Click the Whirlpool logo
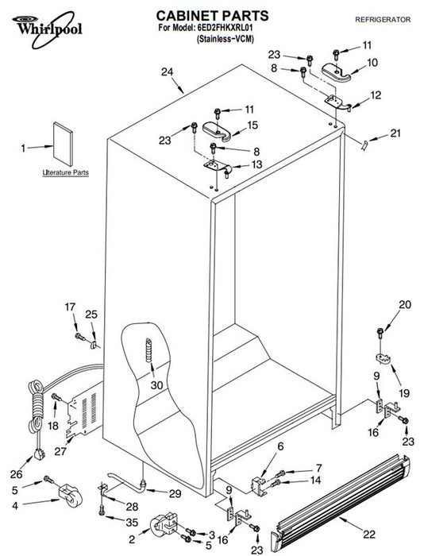(x=47, y=29)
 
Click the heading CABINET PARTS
(x=212, y=16)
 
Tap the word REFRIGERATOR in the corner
(x=383, y=20)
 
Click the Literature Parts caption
(x=66, y=172)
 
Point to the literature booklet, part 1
(x=63, y=144)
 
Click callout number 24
(x=167, y=72)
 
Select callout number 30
(x=156, y=384)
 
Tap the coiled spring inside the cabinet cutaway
(x=149, y=350)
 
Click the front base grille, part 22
(x=341, y=505)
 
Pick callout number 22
(x=368, y=534)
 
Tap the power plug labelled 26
(x=39, y=454)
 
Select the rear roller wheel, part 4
(x=70, y=496)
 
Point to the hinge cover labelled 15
(x=217, y=132)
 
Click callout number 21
(x=395, y=133)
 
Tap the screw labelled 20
(x=380, y=333)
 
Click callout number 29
(x=175, y=493)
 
